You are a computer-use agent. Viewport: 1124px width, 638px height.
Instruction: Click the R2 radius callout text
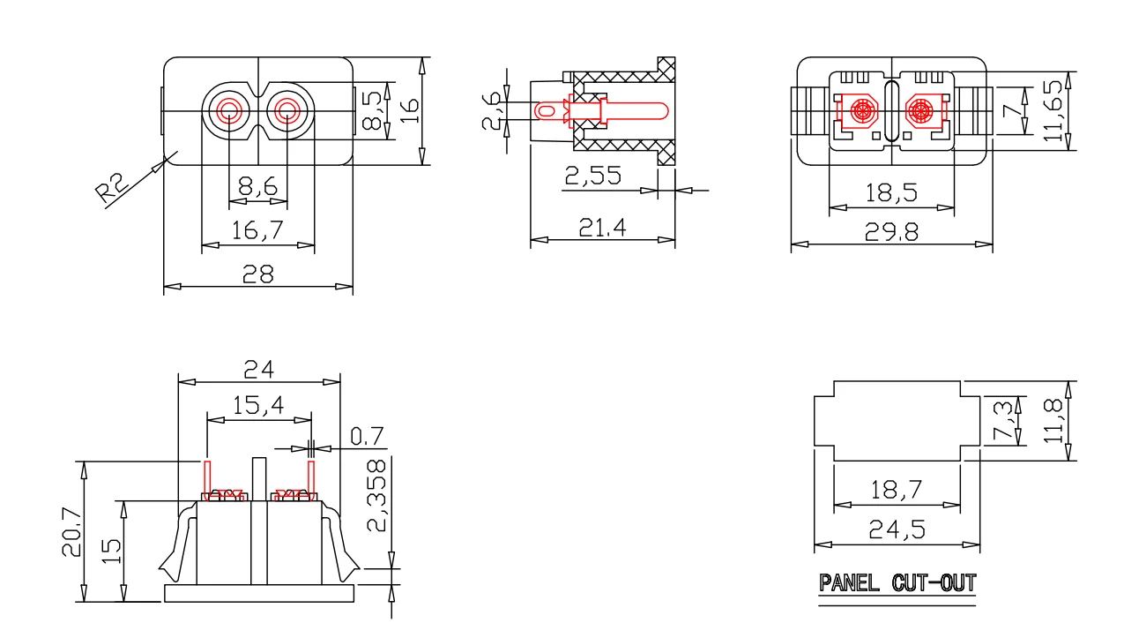[112, 186]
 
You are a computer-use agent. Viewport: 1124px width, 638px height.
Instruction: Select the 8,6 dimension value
[258, 186]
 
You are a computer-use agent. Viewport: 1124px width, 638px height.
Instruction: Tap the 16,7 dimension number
[257, 230]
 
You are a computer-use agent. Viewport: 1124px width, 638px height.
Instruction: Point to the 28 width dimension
[258, 274]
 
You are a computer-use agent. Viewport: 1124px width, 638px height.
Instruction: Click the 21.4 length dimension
[602, 228]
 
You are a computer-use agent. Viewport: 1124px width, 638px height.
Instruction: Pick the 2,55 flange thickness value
[593, 176]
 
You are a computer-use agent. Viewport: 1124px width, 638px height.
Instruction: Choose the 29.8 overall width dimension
[891, 232]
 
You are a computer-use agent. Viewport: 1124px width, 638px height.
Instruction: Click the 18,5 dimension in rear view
[891, 193]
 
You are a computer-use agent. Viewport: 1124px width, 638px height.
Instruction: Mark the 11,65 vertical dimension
[1053, 111]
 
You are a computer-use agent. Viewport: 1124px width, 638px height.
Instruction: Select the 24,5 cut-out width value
[897, 529]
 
